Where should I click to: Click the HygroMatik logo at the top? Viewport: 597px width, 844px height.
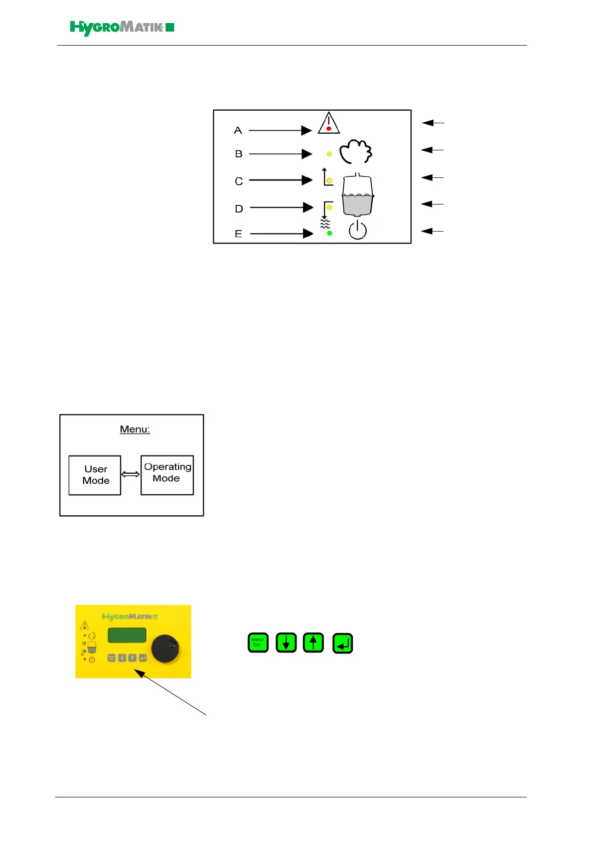(122, 28)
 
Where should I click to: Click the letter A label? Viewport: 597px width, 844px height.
(238, 131)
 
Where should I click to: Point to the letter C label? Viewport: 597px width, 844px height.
(239, 181)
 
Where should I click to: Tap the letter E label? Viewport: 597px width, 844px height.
(238, 234)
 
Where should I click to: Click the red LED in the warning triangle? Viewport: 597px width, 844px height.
(329, 129)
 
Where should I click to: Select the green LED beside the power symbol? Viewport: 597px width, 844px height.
(329, 233)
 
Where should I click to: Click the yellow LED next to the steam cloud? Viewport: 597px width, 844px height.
(329, 154)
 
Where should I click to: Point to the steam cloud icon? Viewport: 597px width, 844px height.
(356, 152)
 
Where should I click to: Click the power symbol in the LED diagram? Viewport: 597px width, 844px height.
(358, 230)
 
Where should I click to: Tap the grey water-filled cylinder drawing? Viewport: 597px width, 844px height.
(358, 196)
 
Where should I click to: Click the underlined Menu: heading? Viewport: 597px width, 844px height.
(135, 430)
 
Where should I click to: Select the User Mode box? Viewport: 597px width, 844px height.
(95, 475)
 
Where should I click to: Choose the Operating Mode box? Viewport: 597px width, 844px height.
(167, 475)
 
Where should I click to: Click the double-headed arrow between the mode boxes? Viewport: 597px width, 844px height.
(130, 474)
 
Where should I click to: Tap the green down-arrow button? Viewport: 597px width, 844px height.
(286, 643)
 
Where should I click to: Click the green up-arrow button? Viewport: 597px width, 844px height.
(314, 643)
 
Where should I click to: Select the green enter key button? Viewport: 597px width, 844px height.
(343, 643)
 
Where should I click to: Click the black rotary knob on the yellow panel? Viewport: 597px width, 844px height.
(165, 649)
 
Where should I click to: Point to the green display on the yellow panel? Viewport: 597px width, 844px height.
(127, 635)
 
